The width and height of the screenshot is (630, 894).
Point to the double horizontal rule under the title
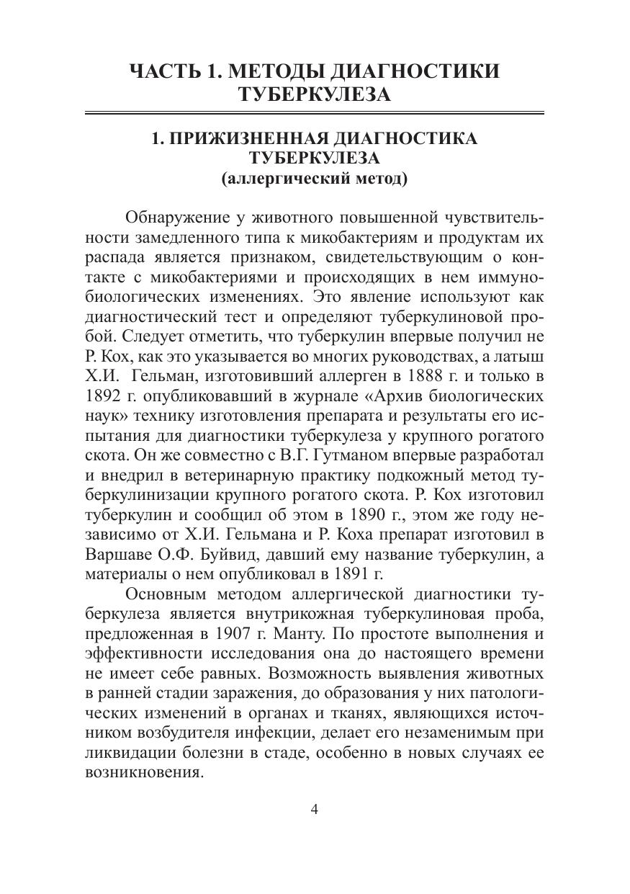click(x=314, y=113)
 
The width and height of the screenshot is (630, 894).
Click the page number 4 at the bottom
click(x=314, y=808)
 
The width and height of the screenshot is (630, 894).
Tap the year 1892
click(x=103, y=396)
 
